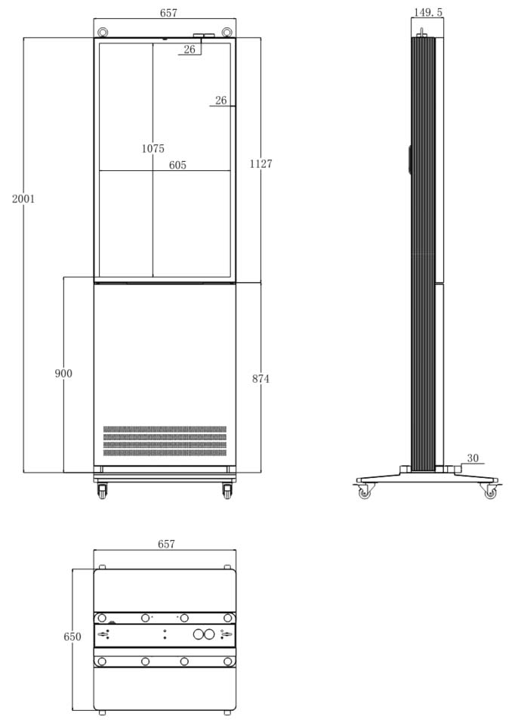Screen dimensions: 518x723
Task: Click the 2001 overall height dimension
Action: [23, 199]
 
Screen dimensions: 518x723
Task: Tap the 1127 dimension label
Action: [261, 163]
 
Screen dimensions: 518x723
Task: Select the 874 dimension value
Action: [261, 379]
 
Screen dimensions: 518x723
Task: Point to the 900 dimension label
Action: [63, 373]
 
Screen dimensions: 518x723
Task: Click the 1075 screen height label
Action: [153, 148]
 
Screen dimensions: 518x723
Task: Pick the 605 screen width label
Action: [177, 165]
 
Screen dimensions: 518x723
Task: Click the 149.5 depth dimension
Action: [428, 12]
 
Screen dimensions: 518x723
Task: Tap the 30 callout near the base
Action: [473, 458]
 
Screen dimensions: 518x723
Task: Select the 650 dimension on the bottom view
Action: [72, 637]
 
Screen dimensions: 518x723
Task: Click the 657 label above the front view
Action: [168, 13]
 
